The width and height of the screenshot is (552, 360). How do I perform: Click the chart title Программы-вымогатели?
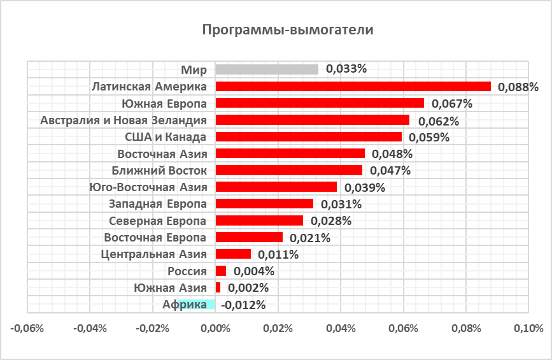[287, 31]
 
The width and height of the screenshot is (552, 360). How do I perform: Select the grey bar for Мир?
[267, 69]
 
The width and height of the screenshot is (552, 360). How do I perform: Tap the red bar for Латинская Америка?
[353, 86]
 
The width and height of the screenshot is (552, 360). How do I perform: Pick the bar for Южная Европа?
[320, 103]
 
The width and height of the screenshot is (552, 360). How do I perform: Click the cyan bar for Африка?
[197, 305]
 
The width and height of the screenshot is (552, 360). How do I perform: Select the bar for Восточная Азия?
[290, 154]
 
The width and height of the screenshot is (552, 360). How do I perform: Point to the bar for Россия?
[221, 271]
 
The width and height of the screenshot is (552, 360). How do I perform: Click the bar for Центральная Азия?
[233, 254]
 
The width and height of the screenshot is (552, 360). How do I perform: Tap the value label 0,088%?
[518, 87]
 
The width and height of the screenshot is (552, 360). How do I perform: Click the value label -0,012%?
[243, 305]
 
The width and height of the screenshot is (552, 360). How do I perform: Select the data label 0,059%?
[429, 137]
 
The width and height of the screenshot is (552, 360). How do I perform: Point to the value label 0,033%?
[346, 69]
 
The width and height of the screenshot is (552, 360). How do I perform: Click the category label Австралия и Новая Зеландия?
[123, 120]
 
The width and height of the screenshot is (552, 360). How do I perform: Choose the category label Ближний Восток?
[159, 170]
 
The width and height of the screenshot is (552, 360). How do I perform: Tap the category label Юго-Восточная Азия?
[150, 187]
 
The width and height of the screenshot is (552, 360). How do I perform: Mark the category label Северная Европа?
[157, 220]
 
